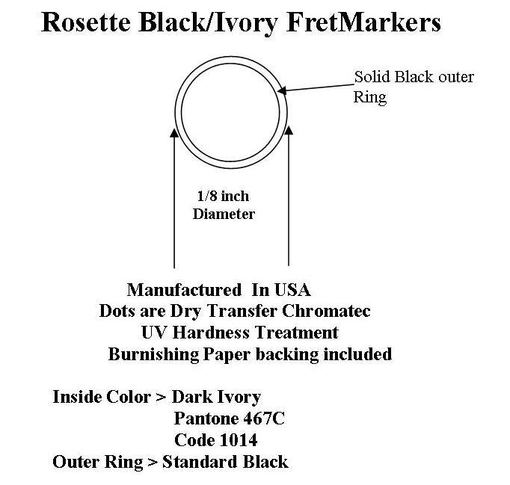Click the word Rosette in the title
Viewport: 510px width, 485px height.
click(86, 22)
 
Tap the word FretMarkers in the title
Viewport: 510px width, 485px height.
click(363, 22)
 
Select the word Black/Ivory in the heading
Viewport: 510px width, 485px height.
click(208, 23)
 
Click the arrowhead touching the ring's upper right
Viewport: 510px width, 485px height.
click(282, 90)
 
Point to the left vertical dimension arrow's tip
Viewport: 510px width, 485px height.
click(174, 129)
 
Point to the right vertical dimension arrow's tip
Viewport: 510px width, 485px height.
click(289, 126)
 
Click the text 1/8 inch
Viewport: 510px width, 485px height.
click(223, 196)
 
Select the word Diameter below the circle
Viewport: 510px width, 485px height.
click(224, 214)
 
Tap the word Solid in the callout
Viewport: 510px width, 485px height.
click(372, 77)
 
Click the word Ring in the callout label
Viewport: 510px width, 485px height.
click(370, 97)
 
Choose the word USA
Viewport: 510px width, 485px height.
click(292, 290)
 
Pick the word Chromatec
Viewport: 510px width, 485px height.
click(326, 311)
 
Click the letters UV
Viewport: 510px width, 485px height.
click(155, 333)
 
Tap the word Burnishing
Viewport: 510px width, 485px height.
click(153, 354)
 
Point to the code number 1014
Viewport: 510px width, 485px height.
click(239, 440)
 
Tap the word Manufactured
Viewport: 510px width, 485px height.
click(185, 290)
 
